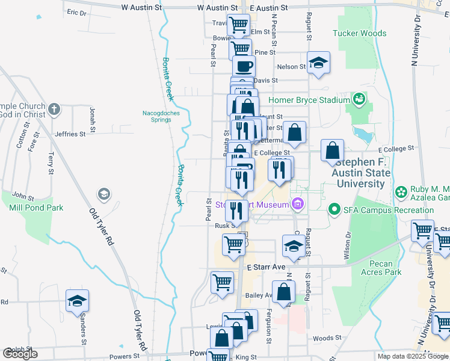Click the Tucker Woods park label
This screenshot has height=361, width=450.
point(359,34)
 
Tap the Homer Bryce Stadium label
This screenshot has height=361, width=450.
point(309,100)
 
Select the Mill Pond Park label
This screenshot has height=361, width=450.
point(36,208)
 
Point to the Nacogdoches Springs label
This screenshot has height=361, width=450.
point(156,116)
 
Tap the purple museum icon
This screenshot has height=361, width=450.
point(297,205)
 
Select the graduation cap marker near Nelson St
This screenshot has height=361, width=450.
point(318,63)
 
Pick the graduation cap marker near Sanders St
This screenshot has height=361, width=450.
point(77,301)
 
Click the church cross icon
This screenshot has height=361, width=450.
point(54,110)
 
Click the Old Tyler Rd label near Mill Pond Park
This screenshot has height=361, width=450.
point(101,226)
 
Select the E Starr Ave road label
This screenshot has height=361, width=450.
point(265,267)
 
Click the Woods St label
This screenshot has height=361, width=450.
point(323,339)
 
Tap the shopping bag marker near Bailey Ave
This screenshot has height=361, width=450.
point(283,292)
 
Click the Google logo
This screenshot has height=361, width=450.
point(20,354)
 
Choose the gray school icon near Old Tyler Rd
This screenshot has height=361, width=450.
point(103,194)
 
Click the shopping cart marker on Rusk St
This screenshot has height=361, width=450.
point(233,244)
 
